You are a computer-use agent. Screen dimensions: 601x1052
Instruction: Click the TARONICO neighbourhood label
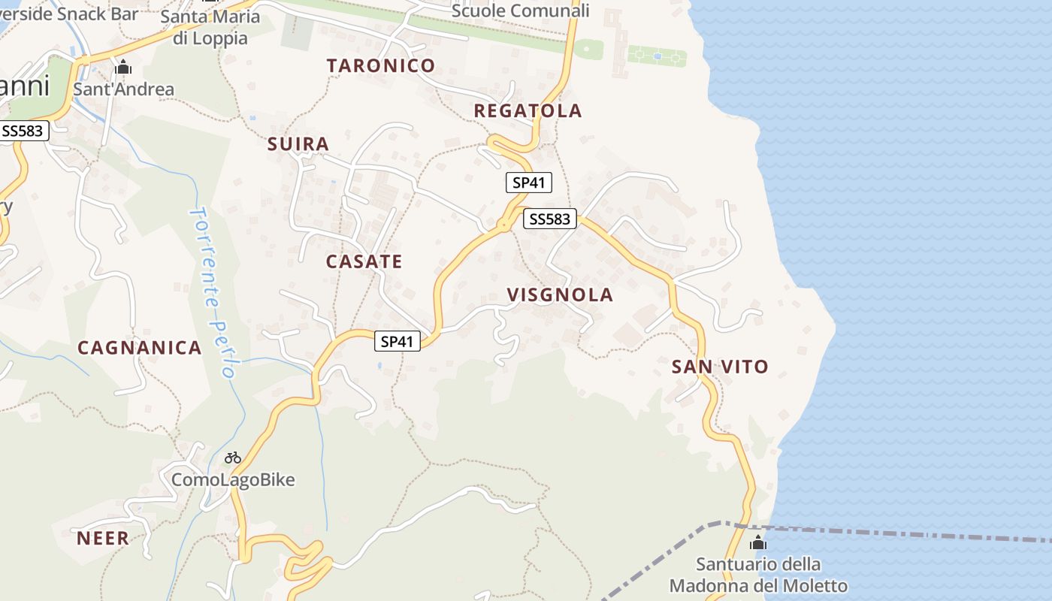[x=381, y=65]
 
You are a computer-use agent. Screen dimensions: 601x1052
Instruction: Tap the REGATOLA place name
[x=528, y=110]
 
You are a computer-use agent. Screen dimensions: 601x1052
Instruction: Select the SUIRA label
[x=298, y=143]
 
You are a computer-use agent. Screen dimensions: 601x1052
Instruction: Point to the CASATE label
[x=364, y=261]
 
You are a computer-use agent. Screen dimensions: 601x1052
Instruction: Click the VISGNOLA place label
[x=560, y=294]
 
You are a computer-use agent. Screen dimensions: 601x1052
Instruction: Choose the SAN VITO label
[x=720, y=367]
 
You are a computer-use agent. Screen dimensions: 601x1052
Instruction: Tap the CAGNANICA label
[x=140, y=347]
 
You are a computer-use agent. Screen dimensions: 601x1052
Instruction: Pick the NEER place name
[x=103, y=538]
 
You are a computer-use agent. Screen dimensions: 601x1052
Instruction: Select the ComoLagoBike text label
[x=233, y=479]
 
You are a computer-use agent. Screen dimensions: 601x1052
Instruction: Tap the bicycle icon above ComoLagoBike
[x=233, y=458]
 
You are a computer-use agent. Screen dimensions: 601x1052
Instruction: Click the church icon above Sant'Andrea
[x=123, y=68]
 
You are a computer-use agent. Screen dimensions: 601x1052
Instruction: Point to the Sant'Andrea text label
[x=123, y=89]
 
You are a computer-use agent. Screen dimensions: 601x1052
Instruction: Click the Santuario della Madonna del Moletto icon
[x=758, y=542]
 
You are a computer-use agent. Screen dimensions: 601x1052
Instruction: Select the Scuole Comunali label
[x=520, y=11]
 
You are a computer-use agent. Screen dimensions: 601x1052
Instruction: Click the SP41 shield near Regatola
[x=529, y=183]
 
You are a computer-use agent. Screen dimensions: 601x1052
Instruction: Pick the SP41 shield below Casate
[x=398, y=341]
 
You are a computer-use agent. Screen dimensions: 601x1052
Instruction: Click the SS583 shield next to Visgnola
[x=549, y=219]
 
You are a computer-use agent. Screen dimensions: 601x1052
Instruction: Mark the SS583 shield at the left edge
[x=23, y=131]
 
